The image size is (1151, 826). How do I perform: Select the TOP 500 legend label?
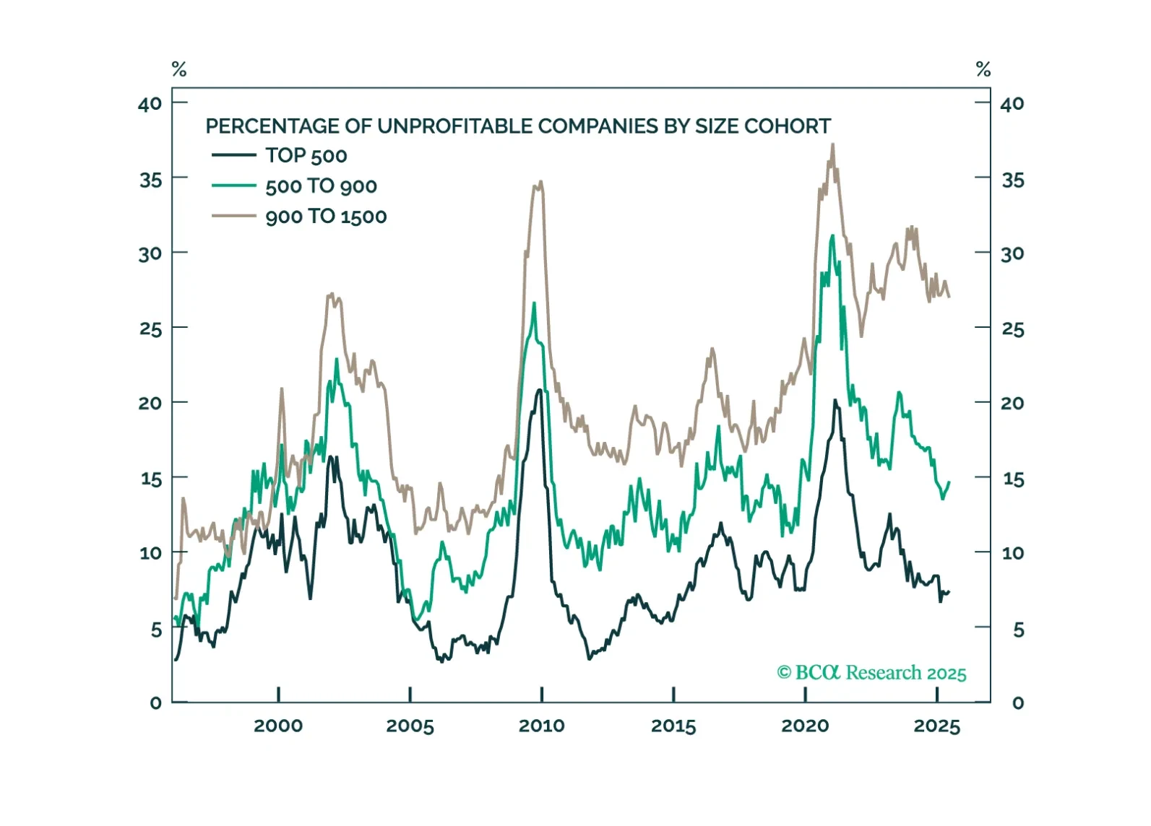point(306,155)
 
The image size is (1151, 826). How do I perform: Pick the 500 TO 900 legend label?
point(321,186)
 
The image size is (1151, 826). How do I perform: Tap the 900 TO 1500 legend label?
point(326,217)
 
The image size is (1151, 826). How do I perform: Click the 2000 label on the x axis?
point(278,726)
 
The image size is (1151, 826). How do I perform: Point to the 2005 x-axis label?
point(410,726)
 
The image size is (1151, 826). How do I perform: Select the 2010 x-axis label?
point(541,726)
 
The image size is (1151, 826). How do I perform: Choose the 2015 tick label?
point(673,726)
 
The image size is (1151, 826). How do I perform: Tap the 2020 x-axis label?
point(805,726)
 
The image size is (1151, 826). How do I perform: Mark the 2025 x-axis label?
point(936,726)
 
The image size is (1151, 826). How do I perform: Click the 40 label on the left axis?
point(150,104)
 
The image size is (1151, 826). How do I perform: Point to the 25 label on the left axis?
point(150,329)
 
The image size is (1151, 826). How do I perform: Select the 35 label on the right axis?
point(1012,180)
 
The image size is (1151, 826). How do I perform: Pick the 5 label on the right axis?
point(1017,630)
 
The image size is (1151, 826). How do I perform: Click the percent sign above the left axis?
point(179,69)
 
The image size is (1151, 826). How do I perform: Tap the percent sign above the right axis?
point(983,69)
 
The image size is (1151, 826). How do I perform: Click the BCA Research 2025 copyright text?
point(871,673)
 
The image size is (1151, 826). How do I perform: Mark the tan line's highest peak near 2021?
point(833,144)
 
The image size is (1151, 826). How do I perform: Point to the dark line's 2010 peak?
point(539,390)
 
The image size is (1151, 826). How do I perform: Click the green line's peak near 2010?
point(535,303)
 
